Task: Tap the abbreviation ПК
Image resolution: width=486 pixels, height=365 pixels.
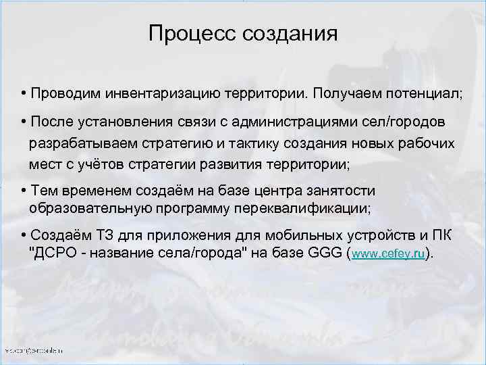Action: tap(442, 235)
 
